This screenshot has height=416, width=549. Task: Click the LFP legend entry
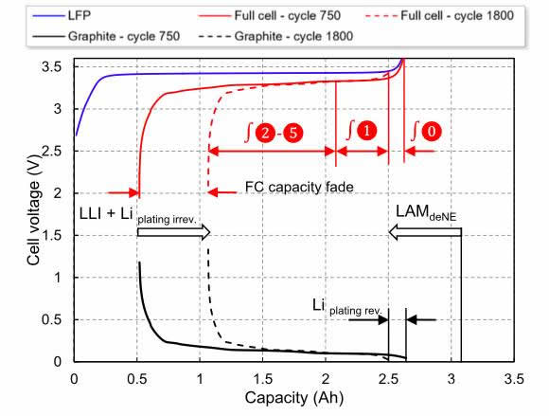tap(62, 16)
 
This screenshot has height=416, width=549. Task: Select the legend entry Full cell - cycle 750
tap(269, 16)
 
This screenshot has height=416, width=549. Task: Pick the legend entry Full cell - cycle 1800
tap(439, 16)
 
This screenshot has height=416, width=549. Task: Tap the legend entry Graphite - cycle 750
tap(106, 36)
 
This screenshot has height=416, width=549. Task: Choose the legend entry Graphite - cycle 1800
tap(275, 36)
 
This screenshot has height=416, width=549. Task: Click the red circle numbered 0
tap(432, 132)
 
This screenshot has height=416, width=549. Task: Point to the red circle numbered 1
tap(366, 131)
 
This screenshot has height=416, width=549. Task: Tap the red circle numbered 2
tap(265, 133)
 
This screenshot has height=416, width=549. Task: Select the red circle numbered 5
tap(292, 133)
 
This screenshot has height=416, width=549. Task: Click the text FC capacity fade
tap(299, 188)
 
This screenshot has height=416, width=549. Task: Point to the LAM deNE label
tap(426, 212)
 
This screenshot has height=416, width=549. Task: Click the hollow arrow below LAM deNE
tap(425, 232)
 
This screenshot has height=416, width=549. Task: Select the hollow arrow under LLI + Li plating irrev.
tap(173, 232)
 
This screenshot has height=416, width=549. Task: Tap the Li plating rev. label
tap(347, 307)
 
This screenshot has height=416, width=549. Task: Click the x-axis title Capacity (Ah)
tap(294, 398)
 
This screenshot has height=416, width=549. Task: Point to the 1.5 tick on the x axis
tap(262, 379)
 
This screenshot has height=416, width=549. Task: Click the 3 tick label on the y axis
tap(58, 109)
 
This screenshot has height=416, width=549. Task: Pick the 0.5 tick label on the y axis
tap(51, 319)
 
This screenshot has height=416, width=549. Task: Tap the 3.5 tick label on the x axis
tap(514, 379)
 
